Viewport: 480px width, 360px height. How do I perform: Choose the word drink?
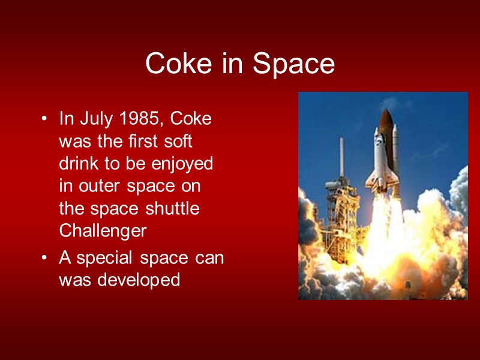(x=80, y=164)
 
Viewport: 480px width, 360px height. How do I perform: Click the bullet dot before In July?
(x=44, y=119)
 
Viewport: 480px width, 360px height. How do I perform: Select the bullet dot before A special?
(x=44, y=259)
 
